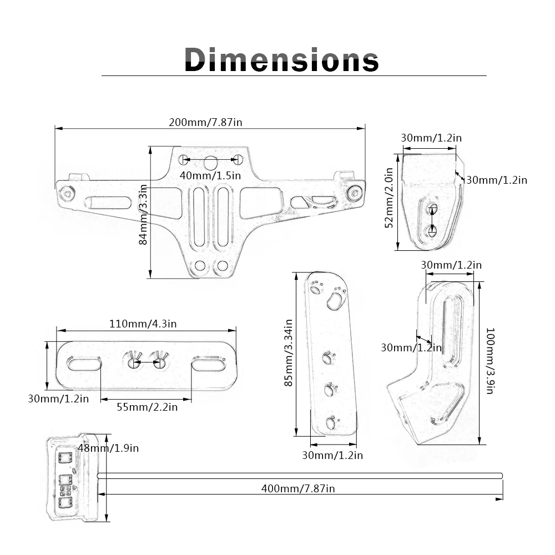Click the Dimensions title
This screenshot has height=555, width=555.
coord(281,59)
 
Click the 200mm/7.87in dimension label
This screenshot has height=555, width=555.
coord(205,122)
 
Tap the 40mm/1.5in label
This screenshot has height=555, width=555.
coord(210,175)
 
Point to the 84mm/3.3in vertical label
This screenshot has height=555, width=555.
coord(143,214)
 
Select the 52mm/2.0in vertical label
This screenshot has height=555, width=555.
coord(389,198)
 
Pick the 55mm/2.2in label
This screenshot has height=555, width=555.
coord(147,407)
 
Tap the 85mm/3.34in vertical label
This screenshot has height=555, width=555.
coord(289,352)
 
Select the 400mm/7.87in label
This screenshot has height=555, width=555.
coord(298,488)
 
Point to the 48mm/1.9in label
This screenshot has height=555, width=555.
coord(108,448)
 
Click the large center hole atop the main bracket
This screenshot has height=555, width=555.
coord(210,163)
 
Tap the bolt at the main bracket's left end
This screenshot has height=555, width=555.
coord(68,194)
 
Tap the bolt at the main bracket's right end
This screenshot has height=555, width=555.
coord(354,193)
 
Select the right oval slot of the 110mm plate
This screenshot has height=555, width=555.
coord(209,364)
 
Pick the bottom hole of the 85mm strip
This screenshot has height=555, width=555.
coord(330,424)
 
